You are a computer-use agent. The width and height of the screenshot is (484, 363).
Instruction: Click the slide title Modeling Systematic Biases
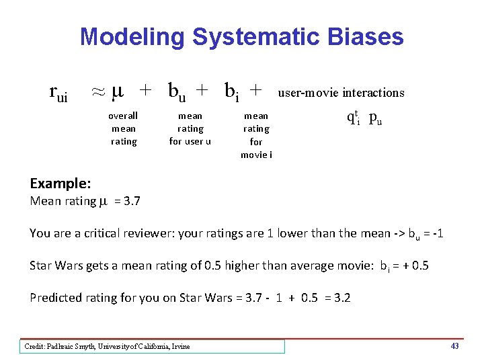[241, 36]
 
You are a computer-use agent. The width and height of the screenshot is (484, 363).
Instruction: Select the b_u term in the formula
[177, 91]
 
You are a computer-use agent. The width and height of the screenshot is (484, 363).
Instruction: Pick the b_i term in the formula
[231, 91]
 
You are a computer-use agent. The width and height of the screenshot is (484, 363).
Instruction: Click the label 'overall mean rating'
[123, 128]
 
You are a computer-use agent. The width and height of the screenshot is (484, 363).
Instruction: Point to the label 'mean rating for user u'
[190, 128]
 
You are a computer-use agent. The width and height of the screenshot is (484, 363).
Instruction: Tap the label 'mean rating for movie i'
[256, 135]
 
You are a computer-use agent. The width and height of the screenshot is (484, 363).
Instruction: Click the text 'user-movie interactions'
[341, 93]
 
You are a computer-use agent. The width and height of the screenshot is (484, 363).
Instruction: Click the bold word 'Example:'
[61, 184]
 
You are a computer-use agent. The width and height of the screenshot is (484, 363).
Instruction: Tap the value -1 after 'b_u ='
[436, 233]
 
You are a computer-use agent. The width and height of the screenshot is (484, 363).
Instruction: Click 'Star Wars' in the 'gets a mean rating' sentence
[55, 266]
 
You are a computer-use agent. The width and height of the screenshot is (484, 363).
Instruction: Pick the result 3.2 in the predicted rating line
[342, 298]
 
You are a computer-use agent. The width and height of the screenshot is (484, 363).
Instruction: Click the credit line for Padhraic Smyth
[108, 346]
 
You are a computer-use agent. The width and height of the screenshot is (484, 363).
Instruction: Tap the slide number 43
[454, 346]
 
